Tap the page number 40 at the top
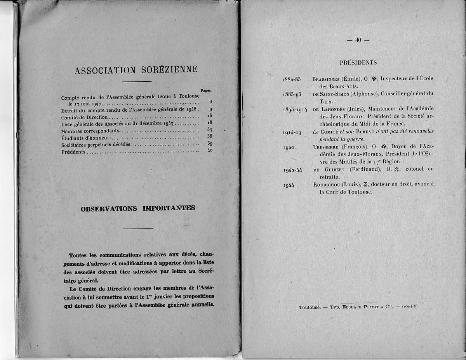pos(358,40)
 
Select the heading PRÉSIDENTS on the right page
pos(358,62)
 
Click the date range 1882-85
pos(292,79)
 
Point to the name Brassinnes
pos(325,79)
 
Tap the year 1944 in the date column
pos(289,185)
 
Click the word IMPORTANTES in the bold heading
pos(169,208)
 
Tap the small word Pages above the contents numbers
pos(206,90)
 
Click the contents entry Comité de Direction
pos(85,117)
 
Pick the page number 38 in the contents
pos(210,137)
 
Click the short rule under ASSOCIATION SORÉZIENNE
pos(137,81)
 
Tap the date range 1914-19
pos(292,132)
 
